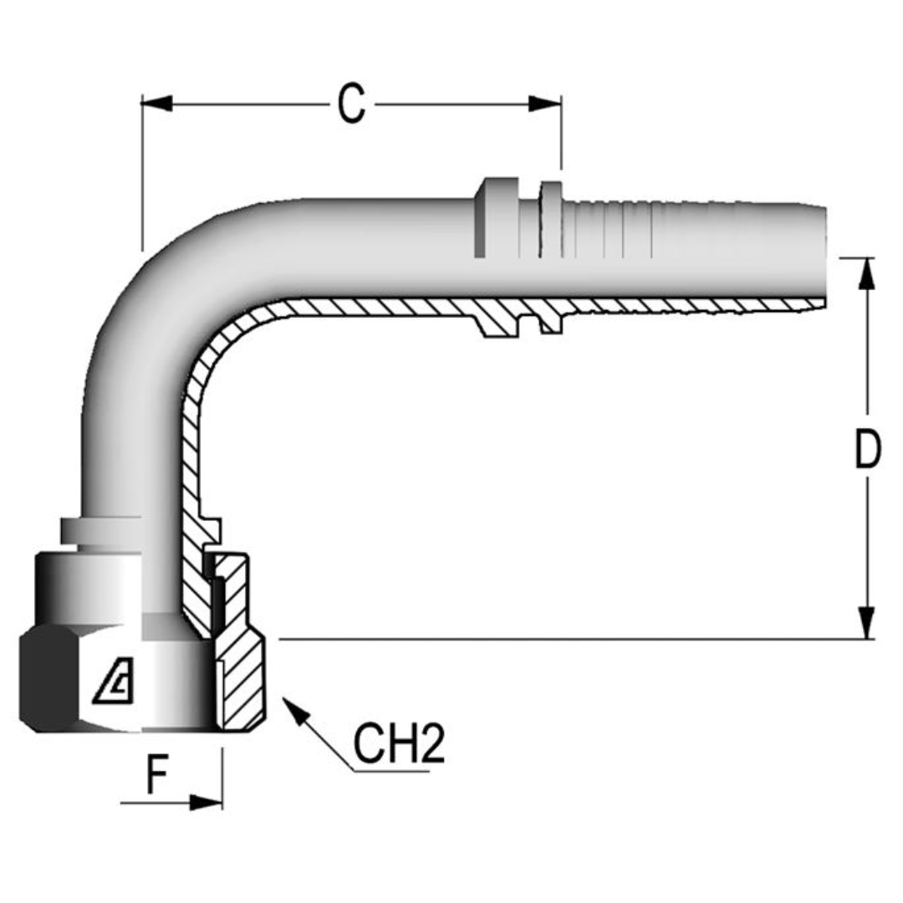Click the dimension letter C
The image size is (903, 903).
(x=351, y=105)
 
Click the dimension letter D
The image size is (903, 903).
(x=868, y=451)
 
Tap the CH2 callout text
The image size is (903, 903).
(x=398, y=744)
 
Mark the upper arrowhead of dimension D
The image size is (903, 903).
(x=867, y=273)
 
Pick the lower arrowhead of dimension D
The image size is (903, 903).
(x=867, y=624)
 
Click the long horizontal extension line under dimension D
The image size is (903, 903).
(x=569, y=640)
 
